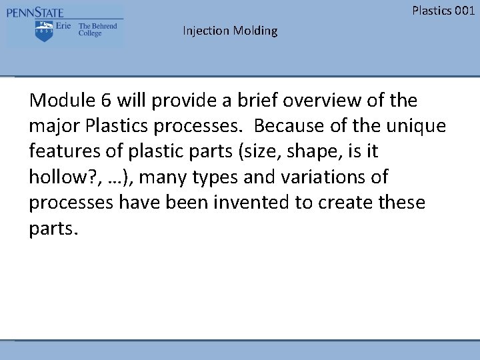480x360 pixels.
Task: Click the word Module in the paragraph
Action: click(x=61, y=101)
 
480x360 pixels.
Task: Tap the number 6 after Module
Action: click(x=107, y=101)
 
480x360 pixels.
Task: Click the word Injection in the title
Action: click(x=206, y=31)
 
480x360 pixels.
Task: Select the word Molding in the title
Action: click(x=255, y=31)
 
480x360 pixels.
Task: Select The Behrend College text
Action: click(x=97, y=30)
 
